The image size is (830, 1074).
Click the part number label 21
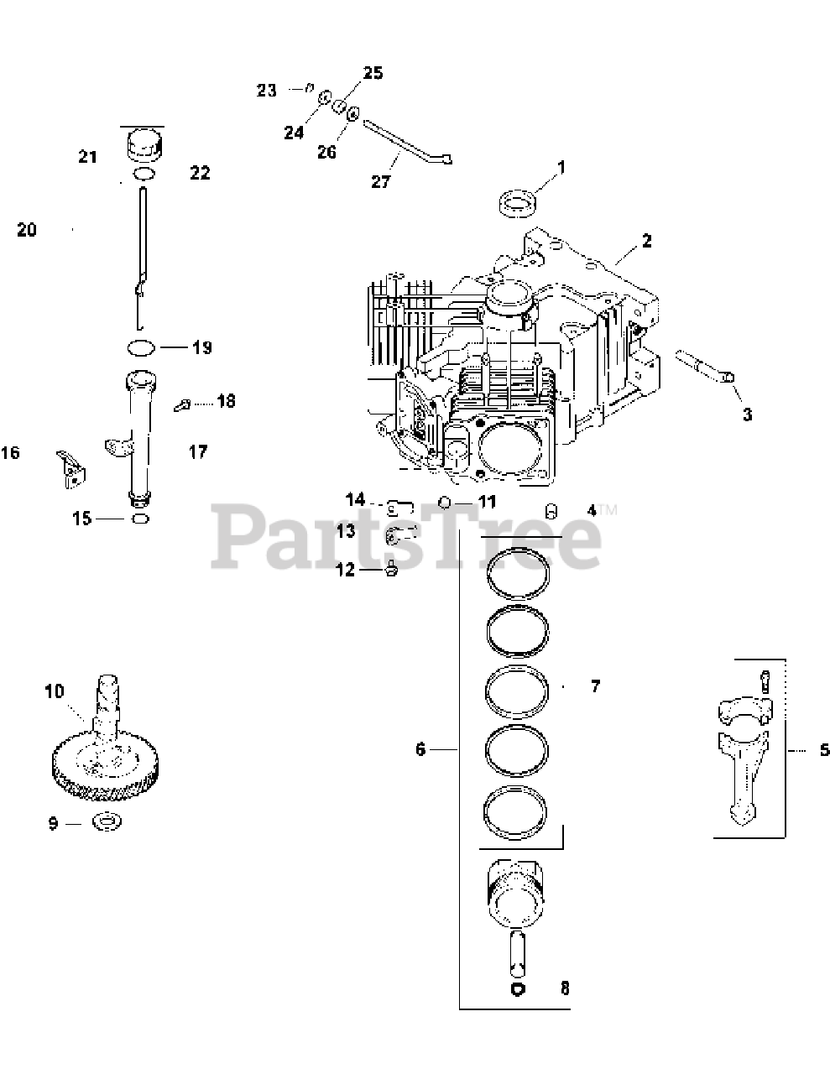tap(88, 157)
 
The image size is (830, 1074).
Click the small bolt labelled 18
tap(180, 405)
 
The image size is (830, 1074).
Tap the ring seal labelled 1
tap(520, 203)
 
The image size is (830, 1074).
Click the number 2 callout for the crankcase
tap(646, 242)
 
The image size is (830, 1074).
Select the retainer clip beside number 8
tap(518, 989)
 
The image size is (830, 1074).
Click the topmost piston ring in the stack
tap(519, 571)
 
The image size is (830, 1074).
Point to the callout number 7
tap(595, 686)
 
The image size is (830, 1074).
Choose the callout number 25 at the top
tap(373, 73)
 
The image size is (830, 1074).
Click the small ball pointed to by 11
tap(444, 502)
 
